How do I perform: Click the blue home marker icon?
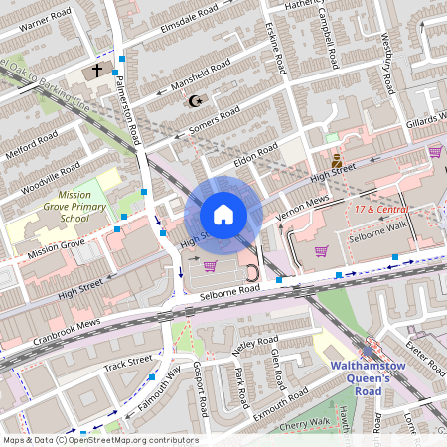(x=223, y=215)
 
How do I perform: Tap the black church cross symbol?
(x=97, y=72)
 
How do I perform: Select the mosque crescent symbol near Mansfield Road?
(x=195, y=100)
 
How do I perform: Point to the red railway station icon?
(x=371, y=349)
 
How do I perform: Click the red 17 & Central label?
(x=382, y=210)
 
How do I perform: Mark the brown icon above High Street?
(x=336, y=159)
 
